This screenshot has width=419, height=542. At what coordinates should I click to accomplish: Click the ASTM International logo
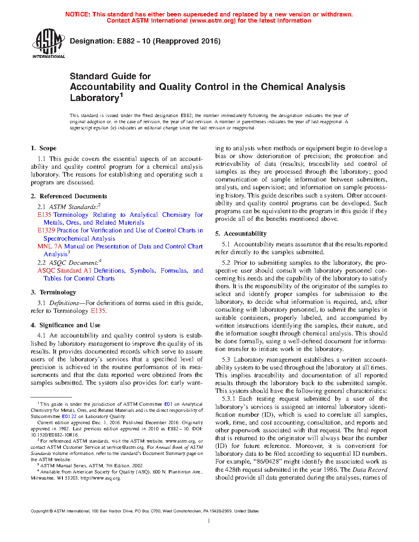tap(48, 43)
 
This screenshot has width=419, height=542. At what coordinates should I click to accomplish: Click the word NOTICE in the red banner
tap(78, 14)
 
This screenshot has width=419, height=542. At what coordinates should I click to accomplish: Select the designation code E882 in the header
tap(126, 41)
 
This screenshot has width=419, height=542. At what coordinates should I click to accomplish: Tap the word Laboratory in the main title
tap(94, 98)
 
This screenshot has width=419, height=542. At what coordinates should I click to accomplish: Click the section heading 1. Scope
tap(44, 148)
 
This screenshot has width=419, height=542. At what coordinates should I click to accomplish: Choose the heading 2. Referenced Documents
tap(69, 196)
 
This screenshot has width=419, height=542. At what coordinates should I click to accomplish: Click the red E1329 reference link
tap(46, 230)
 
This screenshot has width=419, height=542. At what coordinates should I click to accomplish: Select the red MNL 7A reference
tap(50, 246)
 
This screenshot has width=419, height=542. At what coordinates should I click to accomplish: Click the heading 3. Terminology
tap(53, 292)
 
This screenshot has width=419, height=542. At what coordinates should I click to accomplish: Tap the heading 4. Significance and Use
tap(65, 325)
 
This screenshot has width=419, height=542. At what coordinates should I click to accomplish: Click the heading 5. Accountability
tap(241, 234)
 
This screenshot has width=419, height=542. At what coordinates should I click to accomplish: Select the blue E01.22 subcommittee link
tap(69, 416)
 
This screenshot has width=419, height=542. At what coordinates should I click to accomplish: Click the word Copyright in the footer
tap(39, 511)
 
